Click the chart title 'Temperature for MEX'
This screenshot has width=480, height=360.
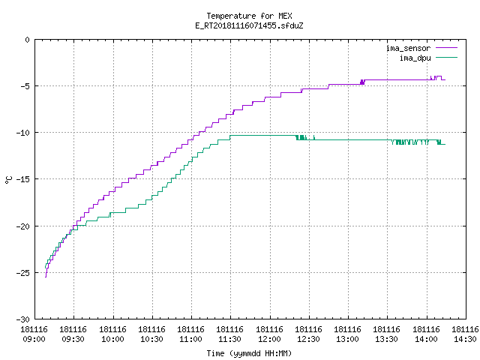click(x=249, y=16)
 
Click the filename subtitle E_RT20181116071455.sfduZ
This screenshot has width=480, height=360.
click(x=249, y=25)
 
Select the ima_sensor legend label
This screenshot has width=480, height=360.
click(x=408, y=48)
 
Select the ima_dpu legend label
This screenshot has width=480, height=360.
click(x=415, y=58)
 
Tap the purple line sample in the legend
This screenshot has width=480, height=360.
click(x=446, y=48)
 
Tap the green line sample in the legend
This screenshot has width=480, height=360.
click(x=446, y=57)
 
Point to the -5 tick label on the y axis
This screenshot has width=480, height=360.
click(x=23, y=86)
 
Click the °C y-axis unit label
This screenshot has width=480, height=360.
click(x=8, y=180)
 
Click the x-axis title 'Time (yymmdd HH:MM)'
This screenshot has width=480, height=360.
click(x=249, y=353)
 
